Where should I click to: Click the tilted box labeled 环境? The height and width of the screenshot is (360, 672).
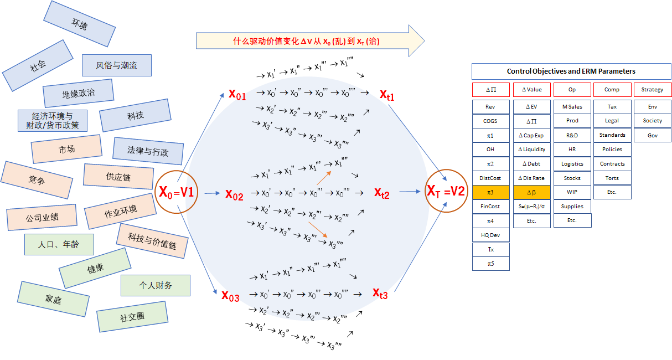tap(80, 24)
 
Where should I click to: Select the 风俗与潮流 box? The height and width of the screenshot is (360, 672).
tap(117, 65)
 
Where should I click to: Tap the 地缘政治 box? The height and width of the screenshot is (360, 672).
tap(78, 94)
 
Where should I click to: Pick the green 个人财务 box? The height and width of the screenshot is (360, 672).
tap(156, 285)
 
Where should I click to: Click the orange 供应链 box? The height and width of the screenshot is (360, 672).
tap(118, 177)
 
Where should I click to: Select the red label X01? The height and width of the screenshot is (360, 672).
tap(237, 95)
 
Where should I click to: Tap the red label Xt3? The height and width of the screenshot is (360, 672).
tap(380, 294)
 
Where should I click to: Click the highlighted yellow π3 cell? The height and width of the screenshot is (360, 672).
tap(490, 192)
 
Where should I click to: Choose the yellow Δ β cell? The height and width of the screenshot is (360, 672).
tap(531, 192)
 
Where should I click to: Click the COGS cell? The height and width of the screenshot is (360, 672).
tap(490, 121)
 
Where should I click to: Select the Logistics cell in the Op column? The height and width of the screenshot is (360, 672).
tap(572, 163)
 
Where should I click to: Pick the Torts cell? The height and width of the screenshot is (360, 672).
tap(612, 178)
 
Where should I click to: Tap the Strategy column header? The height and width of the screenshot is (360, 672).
tap(652, 90)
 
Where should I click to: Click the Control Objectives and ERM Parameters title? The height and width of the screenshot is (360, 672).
tap(571, 71)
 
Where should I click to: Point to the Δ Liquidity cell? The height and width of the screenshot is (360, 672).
tap(531, 149)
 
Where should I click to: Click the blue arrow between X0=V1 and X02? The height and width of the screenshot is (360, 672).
tap(212, 193)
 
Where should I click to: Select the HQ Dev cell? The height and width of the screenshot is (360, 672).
tap(490, 235)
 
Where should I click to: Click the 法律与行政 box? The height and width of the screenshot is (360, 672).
tap(148, 151)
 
